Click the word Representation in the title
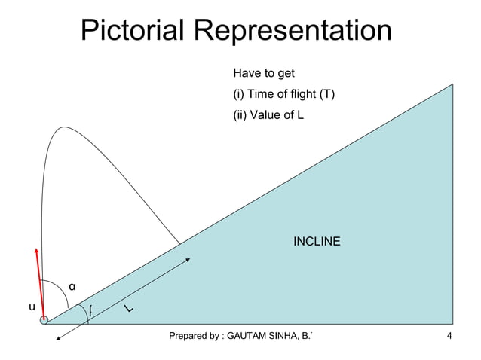click(x=293, y=31)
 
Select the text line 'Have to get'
click(x=263, y=74)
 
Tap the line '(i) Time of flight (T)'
click(x=284, y=95)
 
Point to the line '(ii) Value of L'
click(x=268, y=115)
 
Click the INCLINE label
click(x=316, y=242)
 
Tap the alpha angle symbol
click(x=72, y=287)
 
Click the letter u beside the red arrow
click(x=32, y=307)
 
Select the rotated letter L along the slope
click(x=130, y=310)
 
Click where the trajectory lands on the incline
click(x=180, y=243)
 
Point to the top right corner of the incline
click(x=452, y=84)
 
